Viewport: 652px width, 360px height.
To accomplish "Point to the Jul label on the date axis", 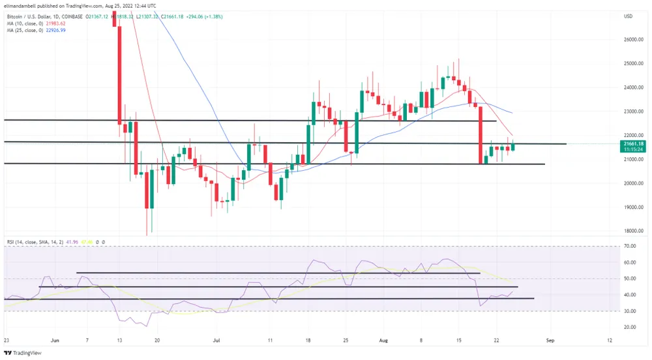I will tap(216, 340).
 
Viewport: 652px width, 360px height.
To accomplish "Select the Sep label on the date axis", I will tap(550, 340).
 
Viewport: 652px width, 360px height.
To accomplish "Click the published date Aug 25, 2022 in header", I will tap(117, 5).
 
